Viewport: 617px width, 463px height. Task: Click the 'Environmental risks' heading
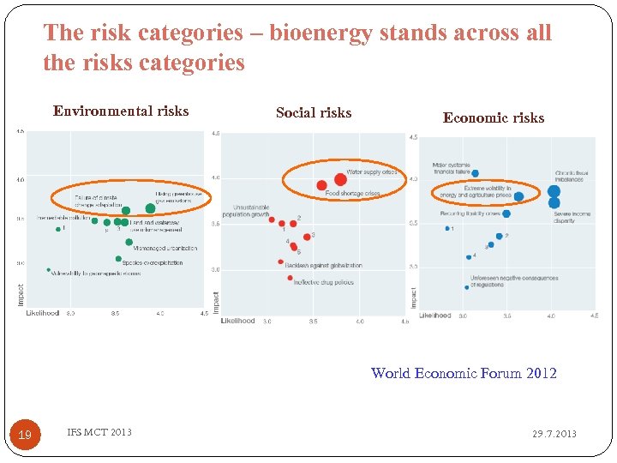121,111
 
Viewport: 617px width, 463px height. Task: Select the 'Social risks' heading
314,112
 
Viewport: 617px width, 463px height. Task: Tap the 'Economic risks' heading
493,118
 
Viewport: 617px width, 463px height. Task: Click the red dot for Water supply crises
340,179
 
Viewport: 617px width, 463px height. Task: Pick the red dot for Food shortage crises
322,185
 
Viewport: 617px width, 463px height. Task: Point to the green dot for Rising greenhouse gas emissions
151,207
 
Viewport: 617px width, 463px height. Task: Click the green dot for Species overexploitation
118,258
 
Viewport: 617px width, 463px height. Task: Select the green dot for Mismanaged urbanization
129,242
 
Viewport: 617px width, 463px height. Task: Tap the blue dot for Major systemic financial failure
476,173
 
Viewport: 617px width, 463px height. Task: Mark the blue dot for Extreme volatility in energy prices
519,195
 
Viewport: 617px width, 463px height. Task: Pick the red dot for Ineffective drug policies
291,278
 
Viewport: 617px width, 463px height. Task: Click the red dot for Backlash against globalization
281,262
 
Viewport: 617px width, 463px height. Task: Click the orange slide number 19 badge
25,435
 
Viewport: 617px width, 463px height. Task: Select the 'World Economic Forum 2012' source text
464,373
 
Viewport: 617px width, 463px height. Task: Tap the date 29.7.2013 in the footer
554,434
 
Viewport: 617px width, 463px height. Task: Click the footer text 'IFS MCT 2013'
99,432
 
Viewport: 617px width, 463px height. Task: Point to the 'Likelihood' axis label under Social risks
237,321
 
